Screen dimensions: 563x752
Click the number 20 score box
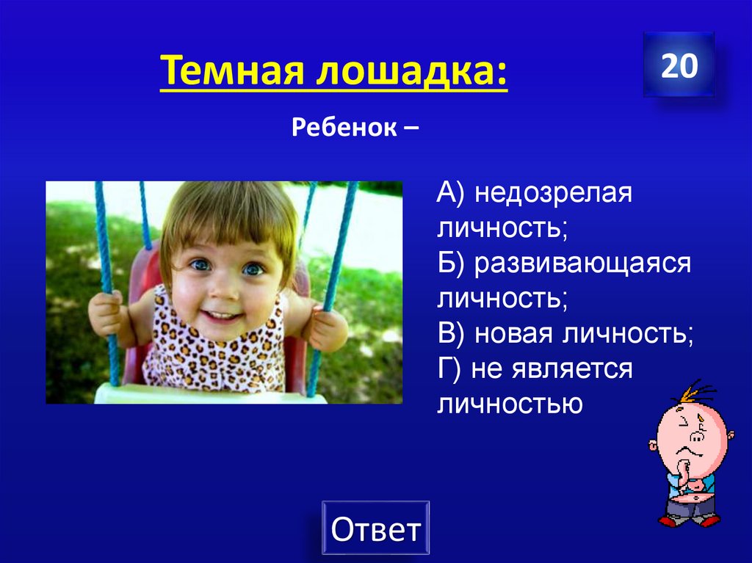tap(679, 65)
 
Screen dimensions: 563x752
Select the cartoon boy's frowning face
tap(691, 433)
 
